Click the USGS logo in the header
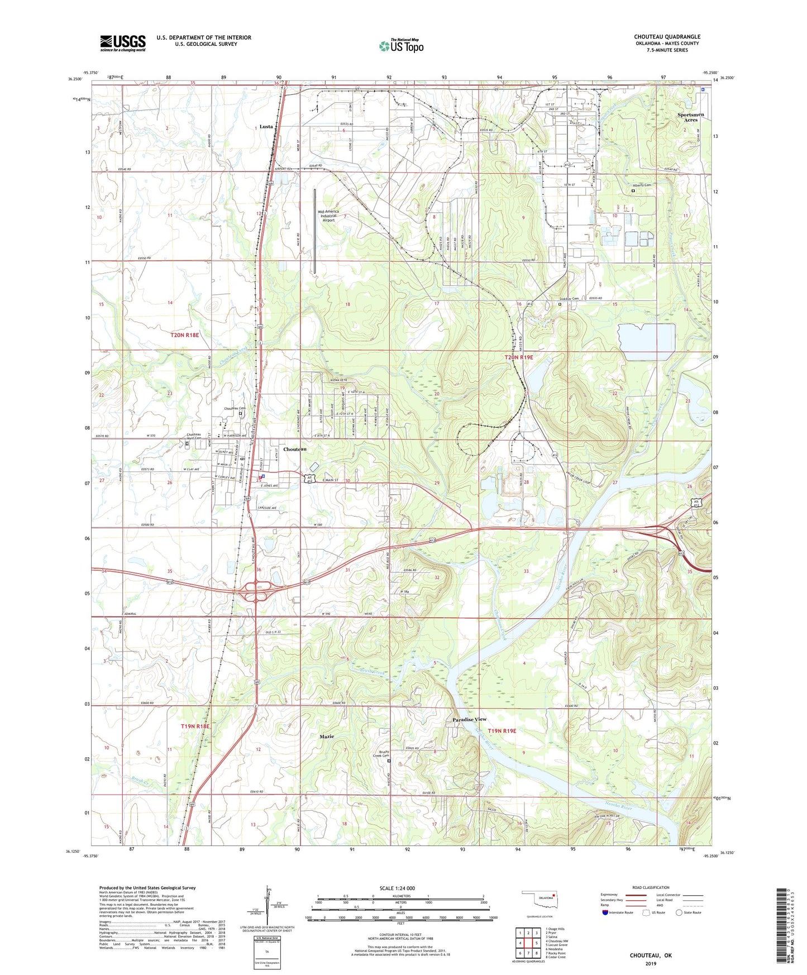(122, 42)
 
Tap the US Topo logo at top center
(400, 46)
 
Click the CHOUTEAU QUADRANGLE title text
(667, 37)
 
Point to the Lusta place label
(266, 126)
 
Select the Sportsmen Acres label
(691, 117)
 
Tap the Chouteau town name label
(294, 449)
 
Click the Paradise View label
(469, 719)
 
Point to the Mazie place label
(327, 737)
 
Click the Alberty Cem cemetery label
(642, 185)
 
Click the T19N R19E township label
(502, 730)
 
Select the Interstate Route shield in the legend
(606, 912)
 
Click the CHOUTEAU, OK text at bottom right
(651, 955)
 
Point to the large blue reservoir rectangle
(647, 342)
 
